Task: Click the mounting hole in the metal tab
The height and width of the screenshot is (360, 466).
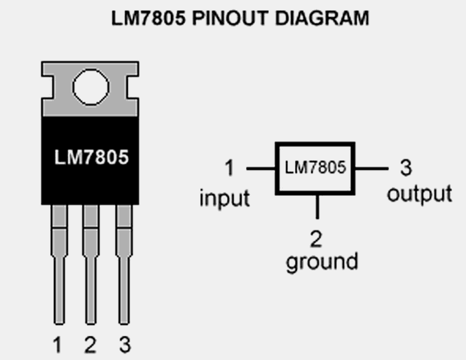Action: (x=90, y=88)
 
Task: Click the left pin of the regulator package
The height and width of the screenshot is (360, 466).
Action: (x=58, y=267)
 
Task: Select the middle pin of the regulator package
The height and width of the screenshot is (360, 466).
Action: (x=91, y=267)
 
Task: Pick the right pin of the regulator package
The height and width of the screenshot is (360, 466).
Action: (x=123, y=267)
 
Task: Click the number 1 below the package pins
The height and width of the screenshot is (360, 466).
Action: (x=58, y=345)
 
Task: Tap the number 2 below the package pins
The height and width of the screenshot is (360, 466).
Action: (x=90, y=345)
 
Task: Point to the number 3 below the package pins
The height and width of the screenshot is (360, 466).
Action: (x=124, y=345)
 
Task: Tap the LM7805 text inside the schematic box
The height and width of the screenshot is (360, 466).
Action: (x=315, y=169)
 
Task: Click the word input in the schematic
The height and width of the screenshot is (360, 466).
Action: (x=224, y=198)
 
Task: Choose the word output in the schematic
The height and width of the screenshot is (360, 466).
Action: (x=420, y=193)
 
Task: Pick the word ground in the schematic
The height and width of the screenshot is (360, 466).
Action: (x=322, y=261)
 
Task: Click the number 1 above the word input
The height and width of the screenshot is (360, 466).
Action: (x=229, y=169)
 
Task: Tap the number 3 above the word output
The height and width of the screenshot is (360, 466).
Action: (x=406, y=169)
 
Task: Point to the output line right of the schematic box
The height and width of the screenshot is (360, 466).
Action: (x=371, y=169)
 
